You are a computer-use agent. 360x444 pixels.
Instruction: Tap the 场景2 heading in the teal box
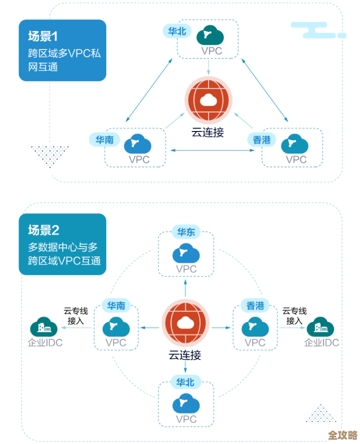[x=43, y=230]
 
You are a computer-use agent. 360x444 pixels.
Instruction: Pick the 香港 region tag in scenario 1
[x=261, y=140]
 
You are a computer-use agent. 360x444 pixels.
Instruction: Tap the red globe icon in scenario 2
[x=185, y=323]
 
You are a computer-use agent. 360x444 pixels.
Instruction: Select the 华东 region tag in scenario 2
[x=186, y=232]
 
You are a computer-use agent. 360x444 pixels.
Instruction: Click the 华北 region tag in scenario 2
[x=185, y=382]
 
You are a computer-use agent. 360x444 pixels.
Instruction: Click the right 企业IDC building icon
[x=320, y=328]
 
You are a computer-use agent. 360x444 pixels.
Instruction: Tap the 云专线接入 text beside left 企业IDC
[x=76, y=316]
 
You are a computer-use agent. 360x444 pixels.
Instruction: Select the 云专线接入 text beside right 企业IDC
[x=294, y=316]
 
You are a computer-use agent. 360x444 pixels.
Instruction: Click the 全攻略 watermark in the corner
[x=342, y=434]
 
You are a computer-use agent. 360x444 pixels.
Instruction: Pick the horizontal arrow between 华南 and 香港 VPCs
[x=213, y=151]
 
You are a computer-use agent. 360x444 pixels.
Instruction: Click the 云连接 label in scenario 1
[x=208, y=132]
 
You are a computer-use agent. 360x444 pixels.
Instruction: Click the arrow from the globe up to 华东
[x=185, y=289]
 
